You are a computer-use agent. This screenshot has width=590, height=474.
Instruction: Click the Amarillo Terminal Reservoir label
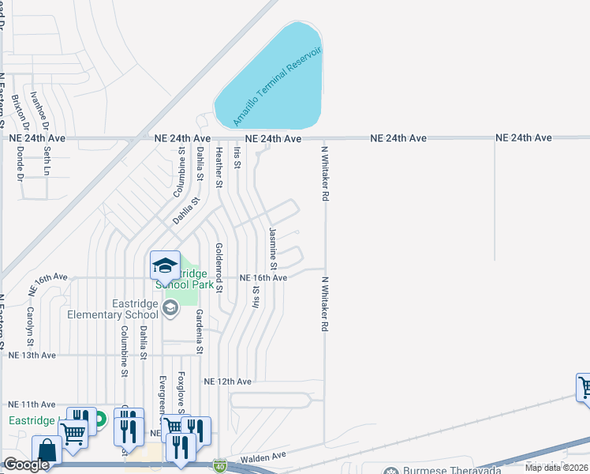(278, 86)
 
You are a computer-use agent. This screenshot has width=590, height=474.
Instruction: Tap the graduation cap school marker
(165, 265)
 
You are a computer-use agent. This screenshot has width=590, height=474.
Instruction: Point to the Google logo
(25, 465)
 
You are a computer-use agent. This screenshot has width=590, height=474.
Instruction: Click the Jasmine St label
(273, 246)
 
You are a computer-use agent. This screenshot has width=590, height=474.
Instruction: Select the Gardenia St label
(200, 332)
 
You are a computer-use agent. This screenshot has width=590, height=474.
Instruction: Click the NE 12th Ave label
(227, 382)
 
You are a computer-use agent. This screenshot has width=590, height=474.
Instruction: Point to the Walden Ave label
(265, 457)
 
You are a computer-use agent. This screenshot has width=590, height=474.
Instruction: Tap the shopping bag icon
(46, 450)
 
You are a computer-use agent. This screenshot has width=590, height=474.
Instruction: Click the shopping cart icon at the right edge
(584, 387)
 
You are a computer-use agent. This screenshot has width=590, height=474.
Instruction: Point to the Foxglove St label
(181, 391)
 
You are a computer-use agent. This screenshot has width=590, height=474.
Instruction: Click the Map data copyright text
(557, 468)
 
